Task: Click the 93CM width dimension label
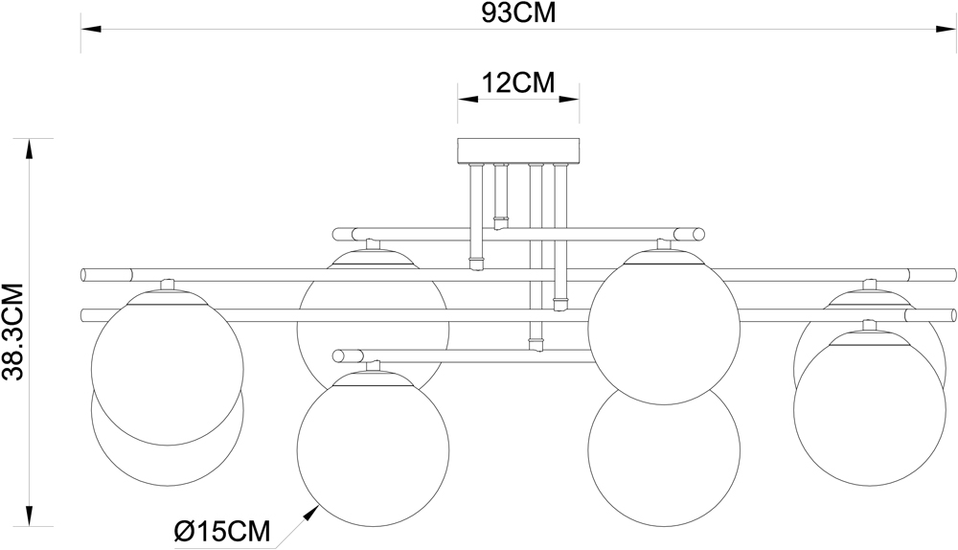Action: tap(518, 12)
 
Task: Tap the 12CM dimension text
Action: tap(518, 82)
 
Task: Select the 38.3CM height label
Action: tap(12, 332)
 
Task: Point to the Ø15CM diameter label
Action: tap(222, 532)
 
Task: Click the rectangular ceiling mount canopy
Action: tap(518, 150)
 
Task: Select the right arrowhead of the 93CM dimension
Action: tap(947, 29)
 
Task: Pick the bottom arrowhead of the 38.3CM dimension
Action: tap(29, 516)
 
